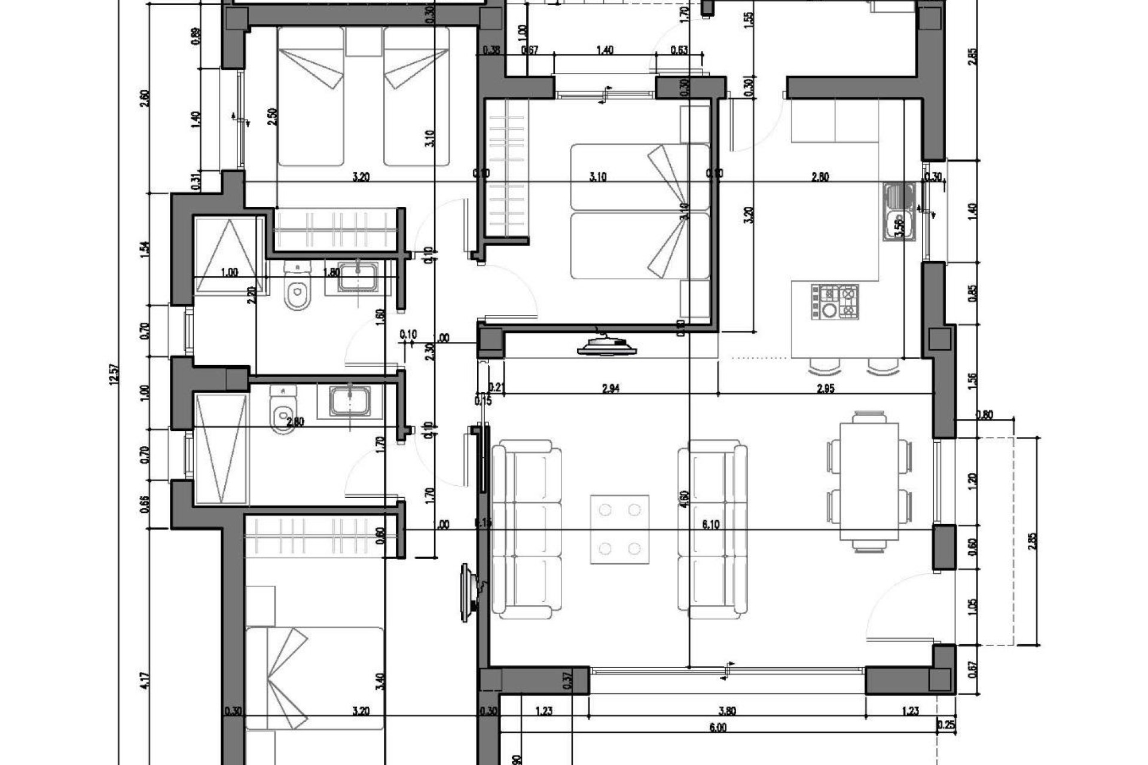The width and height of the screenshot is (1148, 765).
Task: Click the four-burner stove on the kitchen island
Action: [834, 302]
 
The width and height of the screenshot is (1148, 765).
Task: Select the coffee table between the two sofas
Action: [620, 529]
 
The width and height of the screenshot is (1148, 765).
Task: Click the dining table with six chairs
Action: [869, 482]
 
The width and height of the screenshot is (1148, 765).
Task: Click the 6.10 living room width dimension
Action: [710, 525]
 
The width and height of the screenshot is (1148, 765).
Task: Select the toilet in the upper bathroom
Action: [297, 289]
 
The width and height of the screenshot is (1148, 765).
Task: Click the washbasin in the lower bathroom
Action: [350, 400]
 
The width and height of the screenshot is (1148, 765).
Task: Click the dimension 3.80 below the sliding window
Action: [727, 711]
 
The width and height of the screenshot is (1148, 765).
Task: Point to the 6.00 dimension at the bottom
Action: [717, 727]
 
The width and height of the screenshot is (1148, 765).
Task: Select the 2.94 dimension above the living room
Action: [610, 388]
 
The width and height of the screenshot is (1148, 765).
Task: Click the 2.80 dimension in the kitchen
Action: [820, 177]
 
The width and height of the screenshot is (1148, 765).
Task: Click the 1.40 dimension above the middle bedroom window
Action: [604, 51]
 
